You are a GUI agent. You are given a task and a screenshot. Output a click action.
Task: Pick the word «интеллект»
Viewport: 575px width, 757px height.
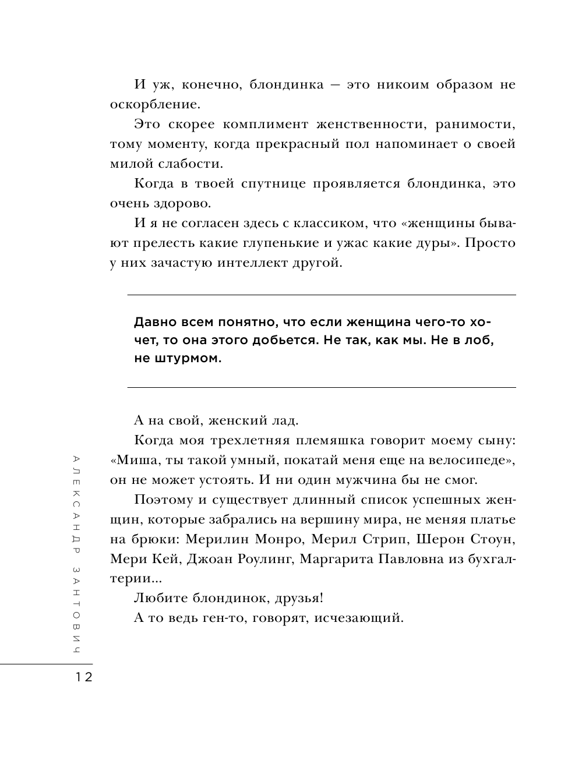point(255,263)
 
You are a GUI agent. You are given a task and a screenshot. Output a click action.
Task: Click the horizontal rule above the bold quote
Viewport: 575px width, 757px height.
point(322,295)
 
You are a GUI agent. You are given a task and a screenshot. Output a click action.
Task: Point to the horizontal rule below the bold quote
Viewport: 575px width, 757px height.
point(322,387)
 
